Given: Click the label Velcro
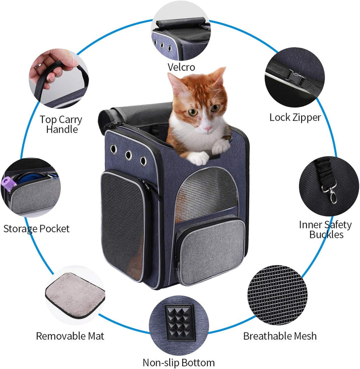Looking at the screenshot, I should pyautogui.click(x=181, y=67).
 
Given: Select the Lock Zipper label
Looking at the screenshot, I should pyautogui.click(x=295, y=117).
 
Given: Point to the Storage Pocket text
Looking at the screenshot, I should pyautogui.click(x=36, y=228).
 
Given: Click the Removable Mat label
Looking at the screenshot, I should pyautogui.click(x=70, y=336).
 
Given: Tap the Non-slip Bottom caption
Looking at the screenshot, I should pyautogui.click(x=179, y=362).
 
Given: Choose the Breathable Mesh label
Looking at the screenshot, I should pyautogui.click(x=280, y=336).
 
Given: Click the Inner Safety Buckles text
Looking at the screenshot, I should pyautogui.click(x=325, y=229).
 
